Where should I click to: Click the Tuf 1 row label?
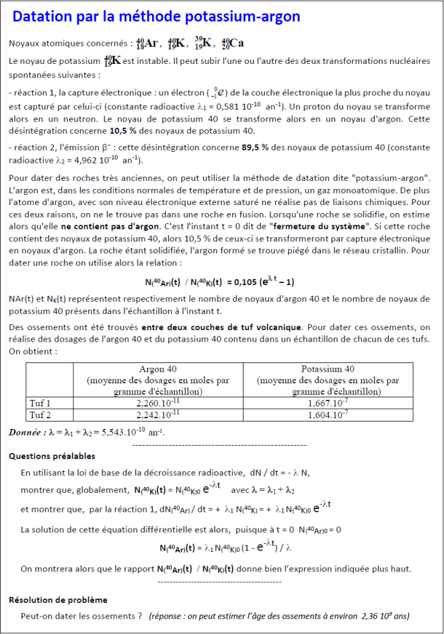(x=40, y=403)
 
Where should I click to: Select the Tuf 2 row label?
(x=40, y=414)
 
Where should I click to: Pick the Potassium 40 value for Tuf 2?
(x=328, y=414)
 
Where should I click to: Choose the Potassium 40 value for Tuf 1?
(x=328, y=403)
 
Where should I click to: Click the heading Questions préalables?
(x=52, y=456)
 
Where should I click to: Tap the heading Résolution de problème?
(x=58, y=600)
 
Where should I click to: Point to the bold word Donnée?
(x=26, y=432)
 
